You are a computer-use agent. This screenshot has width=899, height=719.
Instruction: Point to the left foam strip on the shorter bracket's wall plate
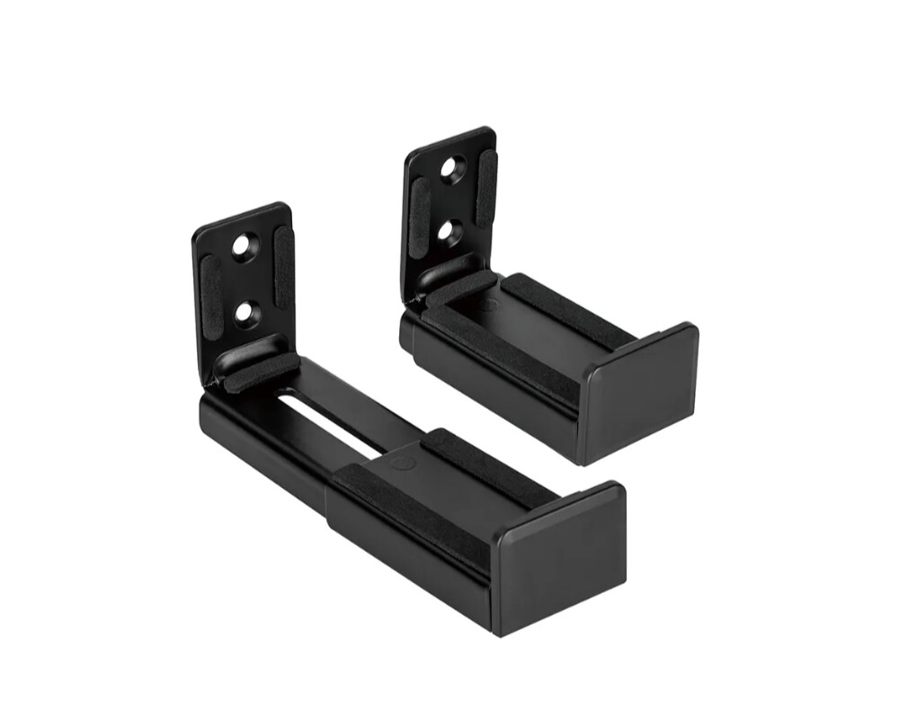(419, 208)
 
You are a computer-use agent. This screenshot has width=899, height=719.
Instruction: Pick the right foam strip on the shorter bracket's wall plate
(485, 187)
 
